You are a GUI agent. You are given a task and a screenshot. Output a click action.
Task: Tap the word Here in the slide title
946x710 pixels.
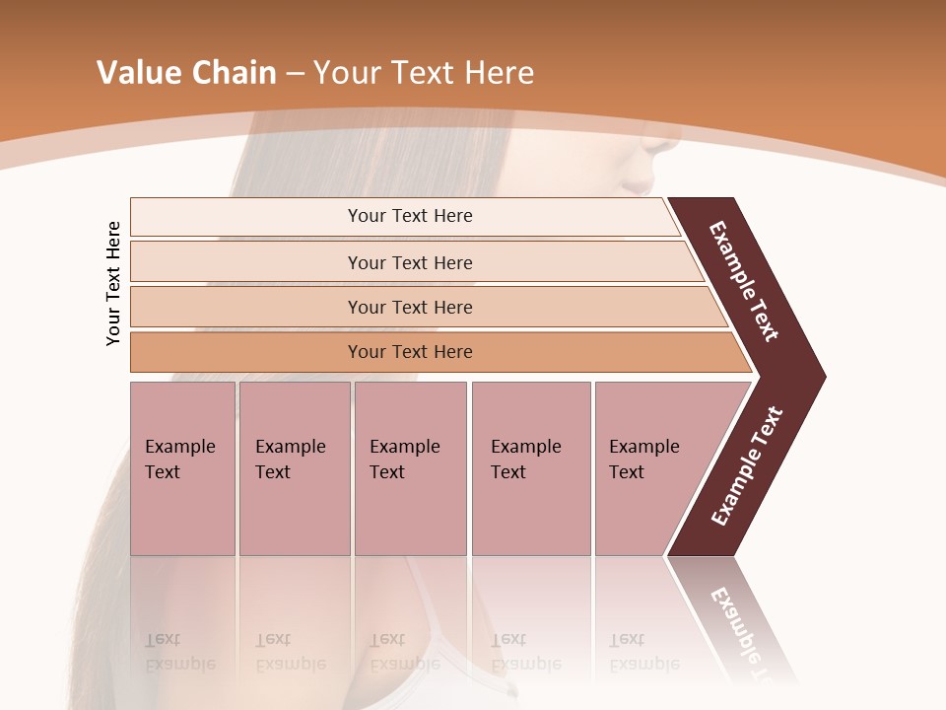pyautogui.click(x=499, y=73)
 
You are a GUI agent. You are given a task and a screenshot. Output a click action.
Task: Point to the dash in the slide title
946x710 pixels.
pyautogui.click(x=295, y=74)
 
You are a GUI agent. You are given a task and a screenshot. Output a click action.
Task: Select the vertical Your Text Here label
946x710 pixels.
pyautogui.click(x=113, y=283)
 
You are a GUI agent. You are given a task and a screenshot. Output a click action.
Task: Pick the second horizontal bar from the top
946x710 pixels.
pyautogui.click(x=410, y=262)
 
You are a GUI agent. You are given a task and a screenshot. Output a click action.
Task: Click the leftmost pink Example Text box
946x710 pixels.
pyautogui.click(x=182, y=468)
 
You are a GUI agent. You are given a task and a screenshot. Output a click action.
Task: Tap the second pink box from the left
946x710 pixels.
pyautogui.click(x=294, y=468)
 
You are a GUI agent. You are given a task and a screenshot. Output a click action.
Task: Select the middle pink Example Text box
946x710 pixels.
pyautogui.click(x=410, y=468)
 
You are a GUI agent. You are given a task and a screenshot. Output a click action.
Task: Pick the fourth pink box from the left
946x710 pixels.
pyautogui.click(x=530, y=468)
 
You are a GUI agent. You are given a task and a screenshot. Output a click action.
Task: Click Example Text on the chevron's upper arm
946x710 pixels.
pyautogui.click(x=744, y=281)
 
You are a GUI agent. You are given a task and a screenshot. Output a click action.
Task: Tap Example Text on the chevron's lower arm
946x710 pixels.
pyautogui.click(x=747, y=465)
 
